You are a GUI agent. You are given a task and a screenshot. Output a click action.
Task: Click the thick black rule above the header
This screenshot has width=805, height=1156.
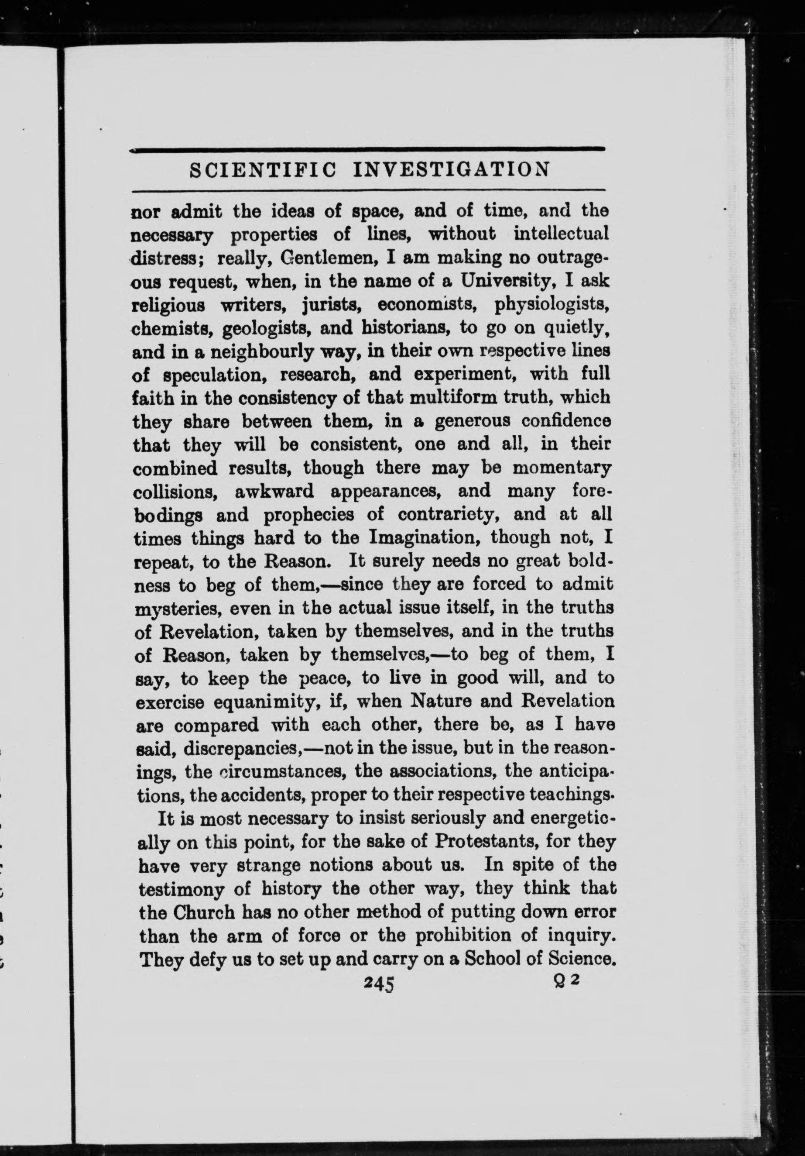coord(367,148)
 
